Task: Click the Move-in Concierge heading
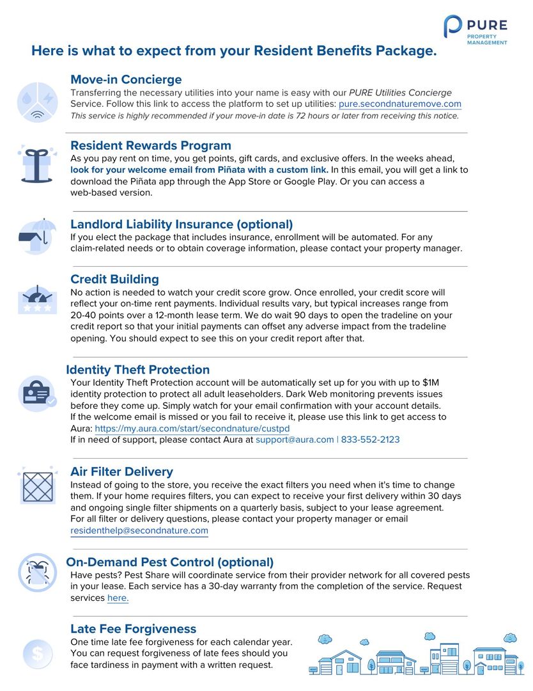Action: [x=126, y=79]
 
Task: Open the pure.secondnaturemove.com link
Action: [x=399, y=104]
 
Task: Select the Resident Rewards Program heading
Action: [x=151, y=145]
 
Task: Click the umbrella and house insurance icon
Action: [x=36, y=237]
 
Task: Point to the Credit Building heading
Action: [x=114, y=279]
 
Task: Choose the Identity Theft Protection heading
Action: [x=137, y=370]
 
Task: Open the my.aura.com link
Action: [x=192, y=428]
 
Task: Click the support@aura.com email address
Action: [x=295, y=440]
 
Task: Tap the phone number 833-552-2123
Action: [x=371, y=440]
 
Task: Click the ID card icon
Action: [x=37, y=393]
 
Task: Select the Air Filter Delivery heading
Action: [x=121, y=472]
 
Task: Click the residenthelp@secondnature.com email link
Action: [x=139, y=530]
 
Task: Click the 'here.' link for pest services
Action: [x=118, y=598]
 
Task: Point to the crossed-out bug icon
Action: [x=37, y=571]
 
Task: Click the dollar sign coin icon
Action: [x=38, y=653]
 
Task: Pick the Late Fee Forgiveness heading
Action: [x=133, y=629]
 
